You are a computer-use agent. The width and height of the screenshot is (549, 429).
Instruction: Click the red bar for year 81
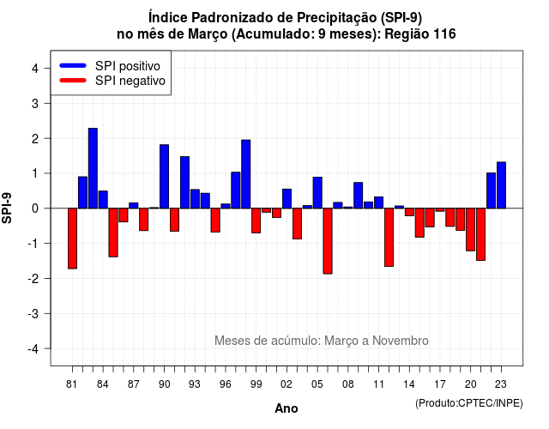tap(72, 239)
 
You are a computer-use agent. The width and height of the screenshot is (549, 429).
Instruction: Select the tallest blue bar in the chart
tap(93, 168)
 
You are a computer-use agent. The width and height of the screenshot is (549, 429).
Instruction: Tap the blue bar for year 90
tap(164, 177)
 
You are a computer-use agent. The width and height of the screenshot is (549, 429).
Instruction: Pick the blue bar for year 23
tap(501, 185)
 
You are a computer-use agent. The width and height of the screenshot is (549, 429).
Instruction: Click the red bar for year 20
tap(471, 230)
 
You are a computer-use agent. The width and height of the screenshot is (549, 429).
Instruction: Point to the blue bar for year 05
tap(317, 193)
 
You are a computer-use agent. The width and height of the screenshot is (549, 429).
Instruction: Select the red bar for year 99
tap(256, 221)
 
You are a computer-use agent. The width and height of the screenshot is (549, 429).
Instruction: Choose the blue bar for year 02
tap(287, 199)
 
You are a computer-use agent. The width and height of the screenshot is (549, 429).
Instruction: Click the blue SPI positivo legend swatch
tap(73, 65)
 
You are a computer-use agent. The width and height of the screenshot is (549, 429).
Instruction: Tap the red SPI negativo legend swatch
tap(73, 80)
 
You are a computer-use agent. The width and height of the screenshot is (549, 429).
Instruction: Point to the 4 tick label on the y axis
tap(35, 69)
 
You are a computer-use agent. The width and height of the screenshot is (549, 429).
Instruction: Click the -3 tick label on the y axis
tap(33, 314)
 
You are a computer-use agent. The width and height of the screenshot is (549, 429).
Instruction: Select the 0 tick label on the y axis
tap(35, 208)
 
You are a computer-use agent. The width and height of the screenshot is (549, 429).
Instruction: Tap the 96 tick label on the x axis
tap(226, 384)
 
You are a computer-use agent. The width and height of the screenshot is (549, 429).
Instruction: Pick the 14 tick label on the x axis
tap(409, 384)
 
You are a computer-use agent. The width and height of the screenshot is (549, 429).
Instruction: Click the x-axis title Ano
tap(287, 408)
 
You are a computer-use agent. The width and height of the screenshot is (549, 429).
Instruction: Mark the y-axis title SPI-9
tap(7, 208)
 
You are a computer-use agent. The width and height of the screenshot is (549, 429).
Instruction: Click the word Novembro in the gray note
tap(401, 341)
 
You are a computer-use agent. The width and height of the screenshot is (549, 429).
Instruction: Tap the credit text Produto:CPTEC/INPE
tap(469, 403)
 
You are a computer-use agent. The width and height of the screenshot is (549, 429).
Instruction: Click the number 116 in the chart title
tap(444, 34)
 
